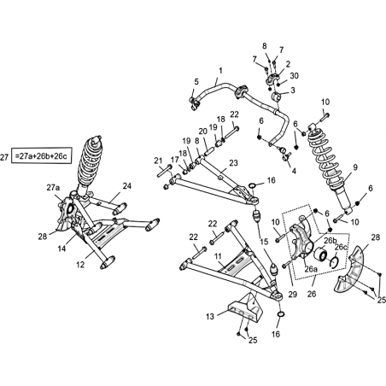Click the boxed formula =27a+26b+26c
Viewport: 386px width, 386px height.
coord(41,155)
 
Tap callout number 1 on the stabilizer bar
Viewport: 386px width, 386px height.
coord(220,70)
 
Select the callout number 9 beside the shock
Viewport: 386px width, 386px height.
coord(354,167)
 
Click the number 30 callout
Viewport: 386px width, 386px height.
coord(294,76)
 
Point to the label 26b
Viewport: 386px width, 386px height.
coord(330,241)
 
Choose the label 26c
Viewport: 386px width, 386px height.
coord(341,247)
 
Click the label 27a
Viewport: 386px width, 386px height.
coord(54,188)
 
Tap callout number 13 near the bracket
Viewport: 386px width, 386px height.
coord(210,316)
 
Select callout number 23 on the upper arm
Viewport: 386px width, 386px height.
coord(233,163)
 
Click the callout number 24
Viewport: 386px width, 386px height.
coord(127,186)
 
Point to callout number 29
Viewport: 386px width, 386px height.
coord(293,294)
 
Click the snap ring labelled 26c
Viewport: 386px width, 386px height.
coord(334,262)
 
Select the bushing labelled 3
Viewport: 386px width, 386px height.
coord(277,96)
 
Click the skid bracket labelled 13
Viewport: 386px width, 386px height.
coord(245,308)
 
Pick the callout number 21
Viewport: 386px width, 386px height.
coord(158,161)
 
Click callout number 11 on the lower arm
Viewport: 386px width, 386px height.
coord(218,257)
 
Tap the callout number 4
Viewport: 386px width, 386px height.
coord(294,171)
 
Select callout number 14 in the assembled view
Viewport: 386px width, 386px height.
coord(61,249)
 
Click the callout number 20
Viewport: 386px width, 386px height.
coord(203,132)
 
